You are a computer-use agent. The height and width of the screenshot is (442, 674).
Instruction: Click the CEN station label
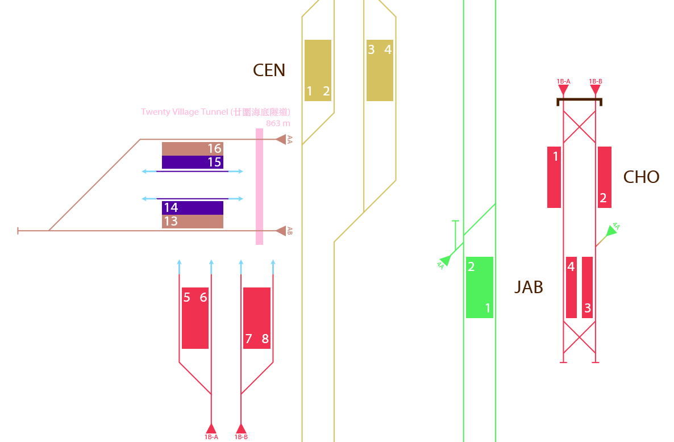269,70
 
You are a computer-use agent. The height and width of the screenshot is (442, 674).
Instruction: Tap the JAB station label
529,287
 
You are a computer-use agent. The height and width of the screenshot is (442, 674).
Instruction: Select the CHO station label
642,177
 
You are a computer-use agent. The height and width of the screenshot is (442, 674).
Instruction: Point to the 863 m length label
278,124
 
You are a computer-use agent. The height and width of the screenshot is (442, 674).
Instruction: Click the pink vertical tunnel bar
259,186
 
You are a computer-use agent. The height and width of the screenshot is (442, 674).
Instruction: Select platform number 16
193,149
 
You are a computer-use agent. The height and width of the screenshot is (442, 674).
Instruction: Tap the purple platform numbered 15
193,162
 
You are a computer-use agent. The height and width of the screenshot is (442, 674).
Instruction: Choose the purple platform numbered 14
193,208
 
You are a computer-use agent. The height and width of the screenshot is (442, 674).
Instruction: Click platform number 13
193,222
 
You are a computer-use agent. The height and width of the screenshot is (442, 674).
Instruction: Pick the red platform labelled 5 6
195,318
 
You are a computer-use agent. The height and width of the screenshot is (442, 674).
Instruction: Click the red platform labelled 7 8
257,318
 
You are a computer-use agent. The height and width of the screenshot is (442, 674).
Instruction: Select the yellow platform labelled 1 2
318,70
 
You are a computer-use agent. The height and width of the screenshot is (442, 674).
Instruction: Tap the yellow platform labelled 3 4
380,70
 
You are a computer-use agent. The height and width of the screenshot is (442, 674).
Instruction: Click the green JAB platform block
480,287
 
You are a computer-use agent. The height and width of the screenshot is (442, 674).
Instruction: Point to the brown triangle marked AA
281,140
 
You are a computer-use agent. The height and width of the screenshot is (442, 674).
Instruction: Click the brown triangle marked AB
281,231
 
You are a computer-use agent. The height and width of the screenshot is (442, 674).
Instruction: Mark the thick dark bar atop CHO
580,101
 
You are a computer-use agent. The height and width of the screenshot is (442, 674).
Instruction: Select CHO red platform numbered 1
554,177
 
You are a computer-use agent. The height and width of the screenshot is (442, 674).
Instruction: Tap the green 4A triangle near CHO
611,231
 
